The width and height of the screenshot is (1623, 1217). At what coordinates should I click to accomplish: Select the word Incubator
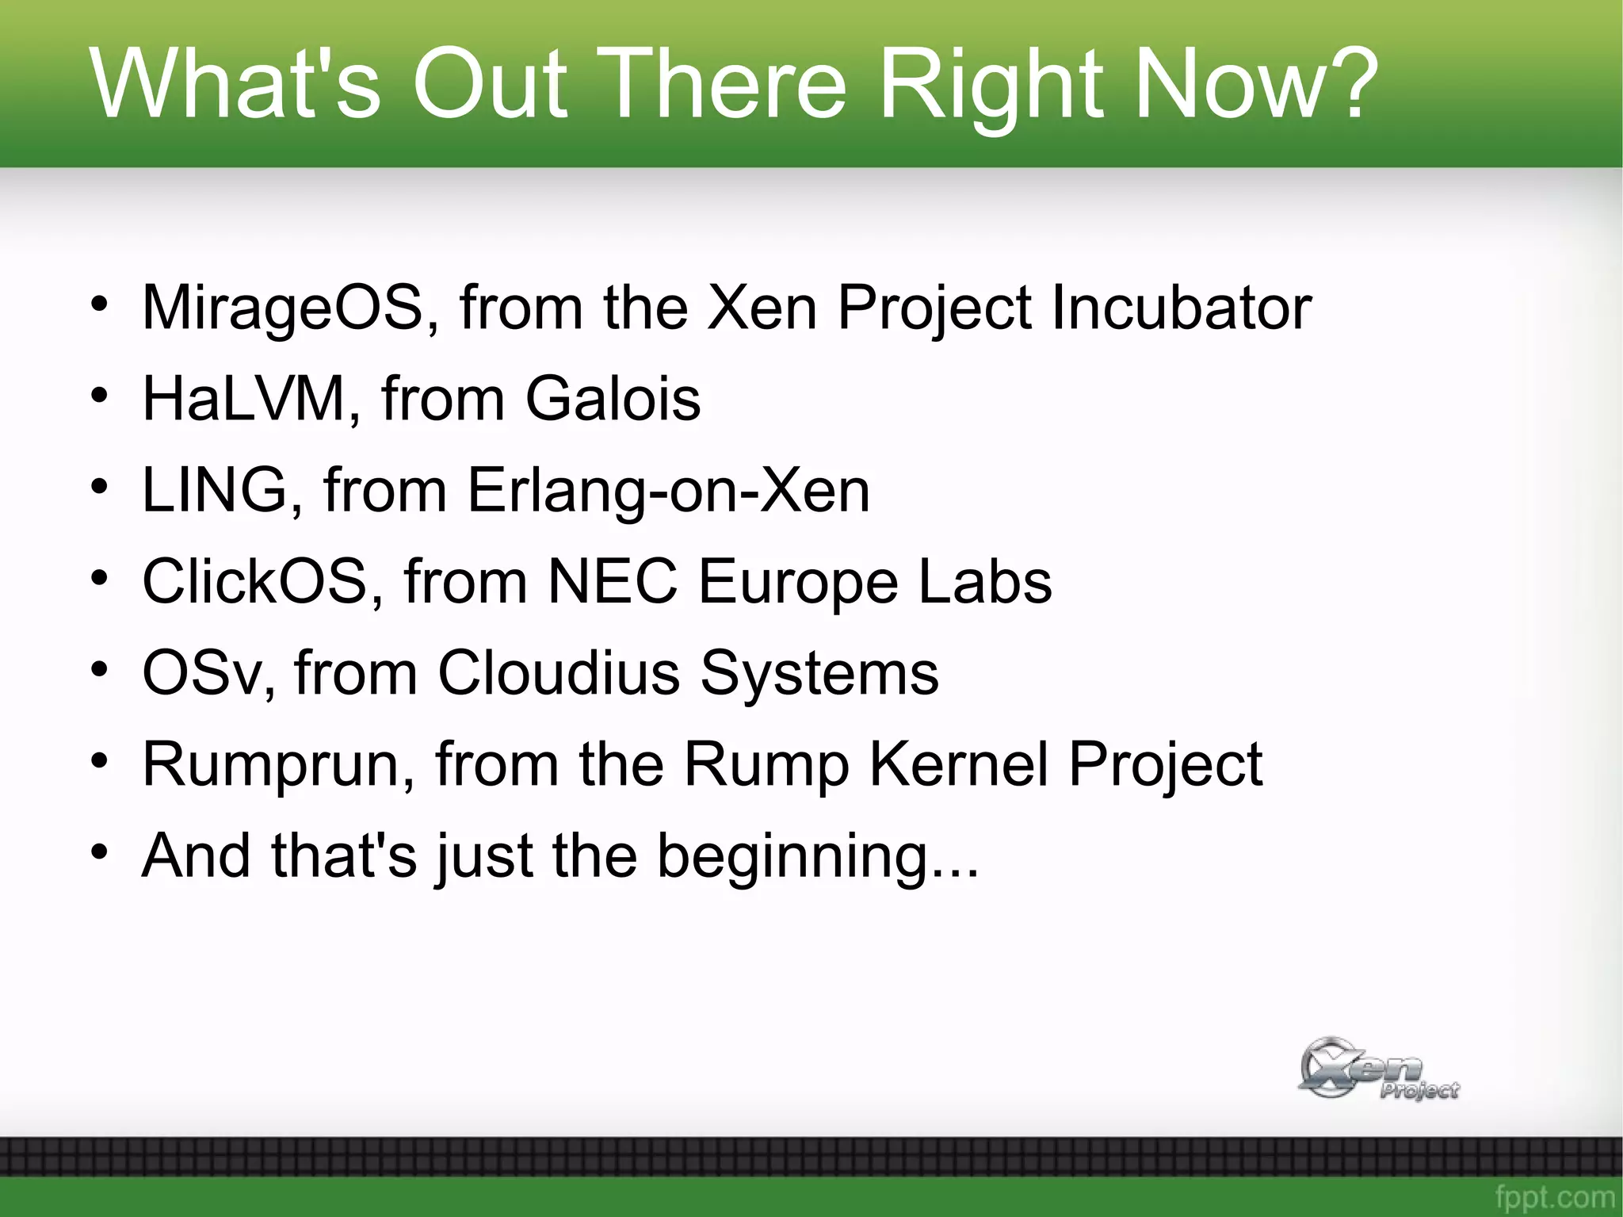point(1181,308)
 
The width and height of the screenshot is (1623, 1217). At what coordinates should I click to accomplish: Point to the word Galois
point(613,399)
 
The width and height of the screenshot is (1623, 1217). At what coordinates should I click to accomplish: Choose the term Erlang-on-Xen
point(668,490)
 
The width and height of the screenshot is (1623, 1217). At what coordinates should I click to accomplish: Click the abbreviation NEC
point(613,581)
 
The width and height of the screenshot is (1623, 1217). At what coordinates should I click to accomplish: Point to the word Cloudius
point(559,673)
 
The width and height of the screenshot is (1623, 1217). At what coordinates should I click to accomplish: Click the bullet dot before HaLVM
point(98,395)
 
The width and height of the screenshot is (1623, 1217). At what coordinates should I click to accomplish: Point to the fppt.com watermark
point(1554,1196)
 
